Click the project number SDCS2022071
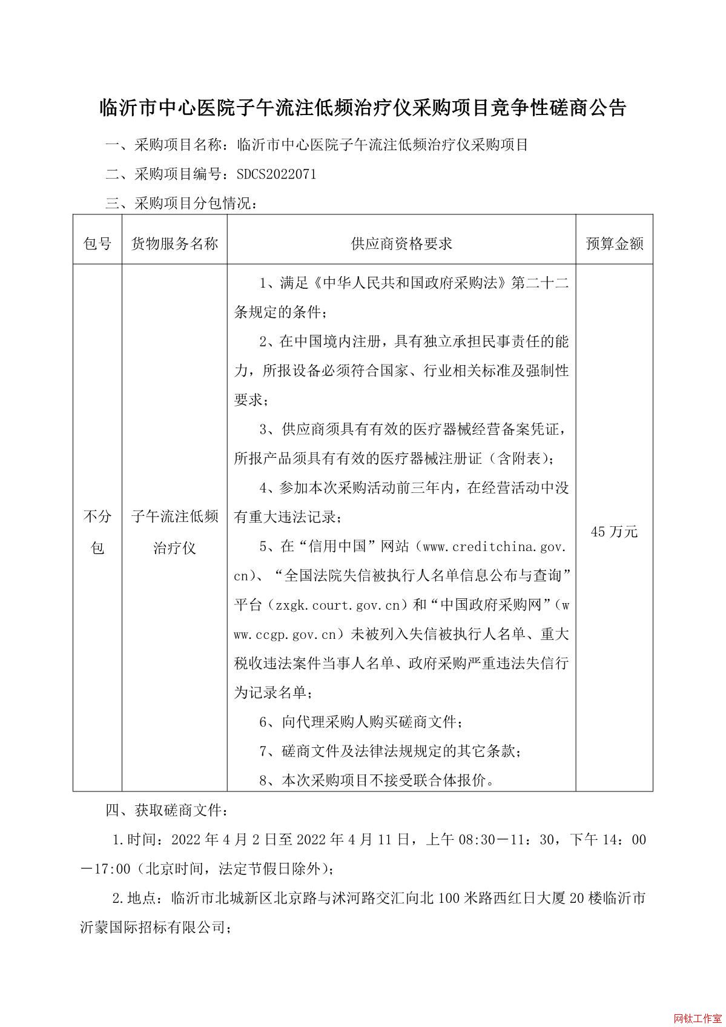(276, 174)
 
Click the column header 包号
(97, 244)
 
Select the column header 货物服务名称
(174, 244)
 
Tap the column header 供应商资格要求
(401, 244)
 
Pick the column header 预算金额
(614, 244)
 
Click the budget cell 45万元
(614, 532)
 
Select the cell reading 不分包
(97, 532)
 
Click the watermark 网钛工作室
(697, 1017)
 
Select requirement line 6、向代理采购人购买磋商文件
(361, 722)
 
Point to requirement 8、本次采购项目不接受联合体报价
(377, 781)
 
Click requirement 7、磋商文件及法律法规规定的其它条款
(391, 751)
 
